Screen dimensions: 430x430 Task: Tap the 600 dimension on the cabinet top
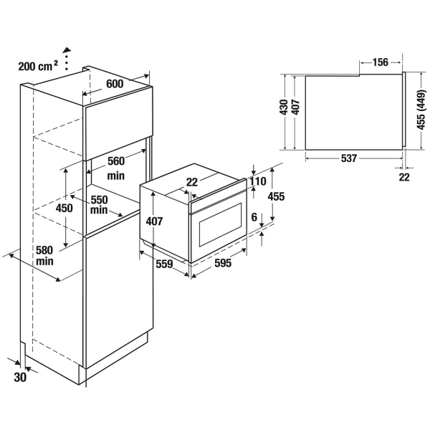coord(115,84)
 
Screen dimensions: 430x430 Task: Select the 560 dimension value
coord(116,161)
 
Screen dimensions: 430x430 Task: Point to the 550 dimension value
coord(100,200)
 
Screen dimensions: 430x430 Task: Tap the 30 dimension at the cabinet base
coord(19,377)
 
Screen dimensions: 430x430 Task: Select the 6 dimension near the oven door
coord(253,215)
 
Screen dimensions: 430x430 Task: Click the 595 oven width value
coord(223,263)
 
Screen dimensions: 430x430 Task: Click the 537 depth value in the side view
coord(349,158)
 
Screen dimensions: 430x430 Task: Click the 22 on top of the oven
coord(191,182)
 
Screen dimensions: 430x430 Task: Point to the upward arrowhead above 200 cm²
coord(68,51)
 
